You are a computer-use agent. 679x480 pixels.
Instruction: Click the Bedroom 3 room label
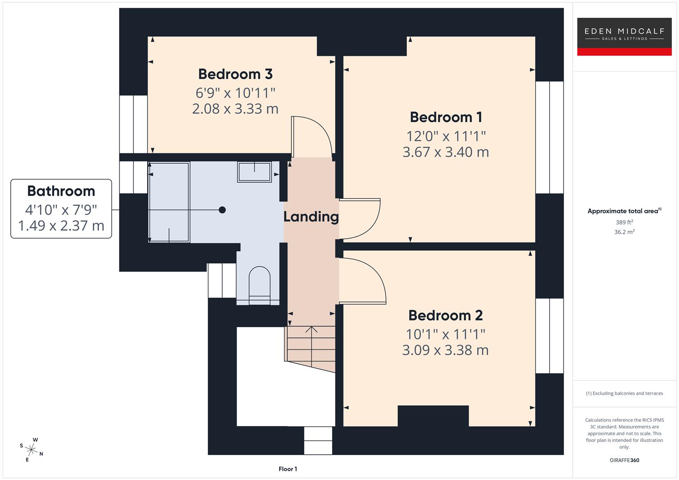click(x=235, y=74)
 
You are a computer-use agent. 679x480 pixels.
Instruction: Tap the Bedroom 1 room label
click(x=446, y=117)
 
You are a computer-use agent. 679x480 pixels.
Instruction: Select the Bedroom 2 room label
click(x=445, y=316)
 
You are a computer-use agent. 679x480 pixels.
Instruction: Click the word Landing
click(x=311, y=217)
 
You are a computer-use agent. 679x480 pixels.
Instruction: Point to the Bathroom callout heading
click(x=61, y=191)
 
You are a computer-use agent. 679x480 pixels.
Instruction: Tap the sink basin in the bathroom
click(x=254, y=172)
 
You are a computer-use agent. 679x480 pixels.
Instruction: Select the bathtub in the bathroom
click(x=169, y=202)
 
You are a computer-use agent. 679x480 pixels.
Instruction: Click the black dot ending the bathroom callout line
click(x=222, y=210)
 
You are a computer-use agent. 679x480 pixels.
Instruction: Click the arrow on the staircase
click(x=311, y=330)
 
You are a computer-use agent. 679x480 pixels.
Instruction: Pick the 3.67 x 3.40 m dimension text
click(x=446, y=152)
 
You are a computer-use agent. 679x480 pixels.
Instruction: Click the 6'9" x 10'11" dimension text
click(x=235, y=93)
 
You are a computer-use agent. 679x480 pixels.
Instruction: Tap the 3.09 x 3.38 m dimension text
click(x=445, y=350)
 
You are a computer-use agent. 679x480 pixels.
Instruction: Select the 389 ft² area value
click(x=624, y=222)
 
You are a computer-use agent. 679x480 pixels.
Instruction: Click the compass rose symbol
click(x=32, y=449)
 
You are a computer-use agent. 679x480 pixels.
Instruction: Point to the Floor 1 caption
click(x=288, y=469)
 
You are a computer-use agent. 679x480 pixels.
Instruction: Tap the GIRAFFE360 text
click(x=624, y=460)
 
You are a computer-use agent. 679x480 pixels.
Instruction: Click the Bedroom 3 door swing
click(x=311, y=136)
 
